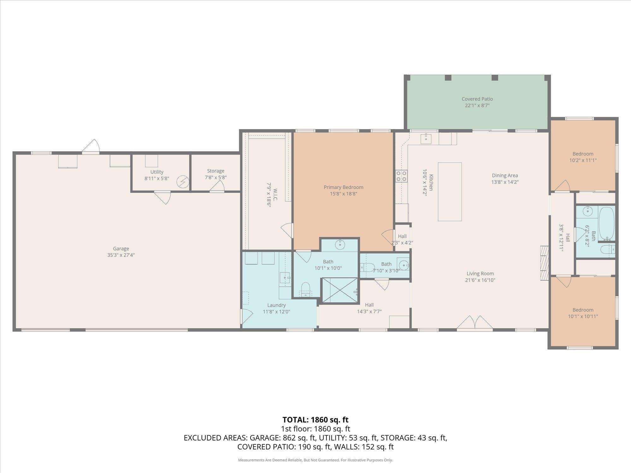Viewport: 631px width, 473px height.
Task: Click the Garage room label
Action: tap(121, 248)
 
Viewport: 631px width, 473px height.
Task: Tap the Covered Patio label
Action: tap(477, 99)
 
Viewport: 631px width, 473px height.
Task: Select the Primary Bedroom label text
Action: tap(343, 187)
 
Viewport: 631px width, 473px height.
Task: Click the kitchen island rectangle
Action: tap(450, 192)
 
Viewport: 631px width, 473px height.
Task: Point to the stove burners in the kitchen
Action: tap(401, 176)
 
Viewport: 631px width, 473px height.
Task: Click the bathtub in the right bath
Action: tap(606, 223)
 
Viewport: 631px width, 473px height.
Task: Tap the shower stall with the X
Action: tap(340, 290)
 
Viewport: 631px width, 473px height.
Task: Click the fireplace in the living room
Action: tap(544, 263)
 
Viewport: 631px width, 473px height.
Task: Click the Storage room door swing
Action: tap(217, 187)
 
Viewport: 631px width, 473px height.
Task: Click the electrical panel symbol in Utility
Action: tap(182, 182)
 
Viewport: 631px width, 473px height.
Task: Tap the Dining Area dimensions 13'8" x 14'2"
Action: tap(505, 182)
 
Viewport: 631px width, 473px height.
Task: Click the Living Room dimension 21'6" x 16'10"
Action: tap(480, 280)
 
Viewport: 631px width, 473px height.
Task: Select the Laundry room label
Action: tap(276, 305)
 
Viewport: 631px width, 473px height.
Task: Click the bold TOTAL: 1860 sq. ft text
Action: tap(315, 420)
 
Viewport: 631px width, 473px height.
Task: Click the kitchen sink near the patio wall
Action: tap(426, 137)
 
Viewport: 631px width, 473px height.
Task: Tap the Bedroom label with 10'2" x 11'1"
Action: tap(583, 154)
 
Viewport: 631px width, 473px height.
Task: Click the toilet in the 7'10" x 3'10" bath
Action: tap(366, 267)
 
